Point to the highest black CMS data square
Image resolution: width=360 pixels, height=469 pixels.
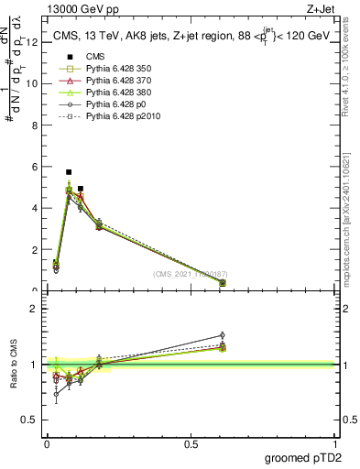coord(69,172)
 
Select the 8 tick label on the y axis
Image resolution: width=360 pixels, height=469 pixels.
coord(34,125)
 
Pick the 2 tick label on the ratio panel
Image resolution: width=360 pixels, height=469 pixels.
coord(34,308)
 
